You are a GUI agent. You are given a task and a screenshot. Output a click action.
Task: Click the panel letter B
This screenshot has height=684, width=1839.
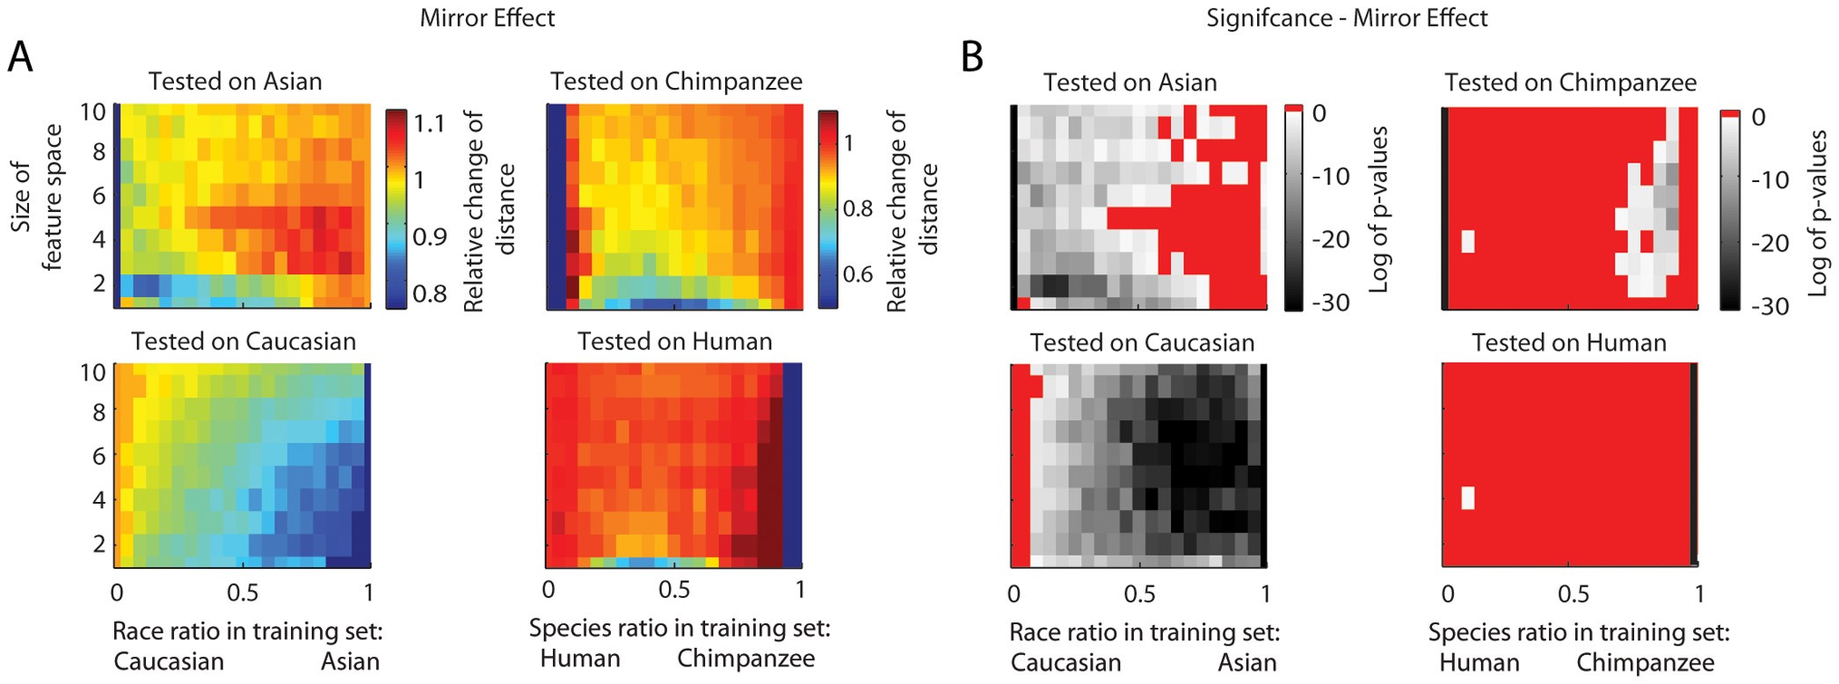pos(971,58)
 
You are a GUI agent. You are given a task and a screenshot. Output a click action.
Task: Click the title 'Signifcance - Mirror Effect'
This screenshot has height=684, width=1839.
pos(1346,18)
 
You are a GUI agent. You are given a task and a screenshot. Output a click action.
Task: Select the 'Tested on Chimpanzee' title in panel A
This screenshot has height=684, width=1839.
pos(676,82)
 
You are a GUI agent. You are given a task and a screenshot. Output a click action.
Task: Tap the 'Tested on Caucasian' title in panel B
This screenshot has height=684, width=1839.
pos(1142,342)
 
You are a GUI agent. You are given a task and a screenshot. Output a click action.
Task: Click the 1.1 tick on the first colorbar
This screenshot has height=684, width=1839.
pos(429,123)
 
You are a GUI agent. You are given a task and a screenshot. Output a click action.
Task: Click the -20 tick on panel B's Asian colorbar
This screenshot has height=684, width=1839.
pos(1330,239)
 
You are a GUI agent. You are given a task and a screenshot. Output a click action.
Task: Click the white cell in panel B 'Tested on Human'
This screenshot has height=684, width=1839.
pos(1467,498)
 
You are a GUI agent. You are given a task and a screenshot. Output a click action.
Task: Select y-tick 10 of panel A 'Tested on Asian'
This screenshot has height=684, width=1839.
pos(93,113)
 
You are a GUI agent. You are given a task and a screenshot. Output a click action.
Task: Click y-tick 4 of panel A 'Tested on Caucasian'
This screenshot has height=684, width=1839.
pos(98,499)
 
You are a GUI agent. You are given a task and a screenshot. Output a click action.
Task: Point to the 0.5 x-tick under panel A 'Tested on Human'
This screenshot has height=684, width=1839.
pos(673,589)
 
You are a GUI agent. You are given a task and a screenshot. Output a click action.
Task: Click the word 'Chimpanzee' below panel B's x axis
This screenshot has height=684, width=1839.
pos(1645,662)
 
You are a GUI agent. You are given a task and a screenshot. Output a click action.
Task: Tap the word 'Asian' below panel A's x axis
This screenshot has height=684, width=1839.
pos(350,661)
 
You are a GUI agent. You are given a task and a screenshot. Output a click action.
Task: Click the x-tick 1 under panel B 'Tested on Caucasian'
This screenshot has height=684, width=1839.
pos(1265,594)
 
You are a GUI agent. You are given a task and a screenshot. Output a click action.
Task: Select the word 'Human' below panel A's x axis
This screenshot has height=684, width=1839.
pos(579,659)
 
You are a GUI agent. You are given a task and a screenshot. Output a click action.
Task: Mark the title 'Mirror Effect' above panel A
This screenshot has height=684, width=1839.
pos(487,18)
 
